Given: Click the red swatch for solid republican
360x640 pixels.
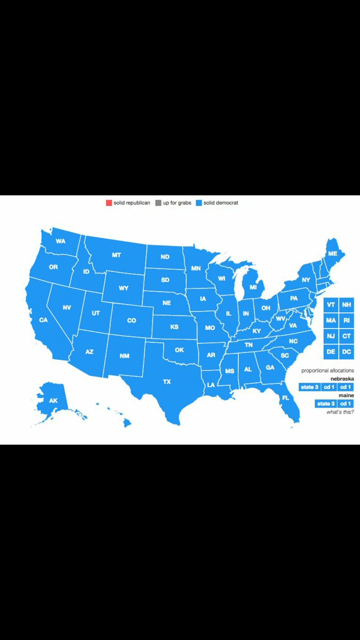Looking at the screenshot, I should (x=109, y=203).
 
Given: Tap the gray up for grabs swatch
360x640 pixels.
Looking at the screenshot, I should (x=158, y=203).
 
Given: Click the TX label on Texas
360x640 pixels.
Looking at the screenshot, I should (x=167, y=382).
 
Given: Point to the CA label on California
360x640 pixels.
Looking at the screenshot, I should (x=43, y=320).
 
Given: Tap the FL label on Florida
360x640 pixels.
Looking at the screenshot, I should (x=285, y=398).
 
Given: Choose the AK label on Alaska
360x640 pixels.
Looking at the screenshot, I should (x=53, y=400).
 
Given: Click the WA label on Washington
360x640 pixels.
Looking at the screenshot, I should (x=60, y=241).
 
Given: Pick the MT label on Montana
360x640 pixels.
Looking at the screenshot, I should (x=116, y=255).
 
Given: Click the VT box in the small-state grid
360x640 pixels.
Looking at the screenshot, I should (x=331, y=305).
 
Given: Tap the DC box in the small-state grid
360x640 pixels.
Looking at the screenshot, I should (x=347, y=351).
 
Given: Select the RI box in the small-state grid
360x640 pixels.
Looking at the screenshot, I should (x=347, y=320).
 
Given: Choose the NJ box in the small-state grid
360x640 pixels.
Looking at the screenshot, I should (x=331, y=336).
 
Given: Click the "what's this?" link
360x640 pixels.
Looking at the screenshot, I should (x=340, y=412).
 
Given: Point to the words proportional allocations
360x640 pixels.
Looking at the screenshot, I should (x=327, y=370).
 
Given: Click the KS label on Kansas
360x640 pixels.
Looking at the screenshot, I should (x=174, y=326).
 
